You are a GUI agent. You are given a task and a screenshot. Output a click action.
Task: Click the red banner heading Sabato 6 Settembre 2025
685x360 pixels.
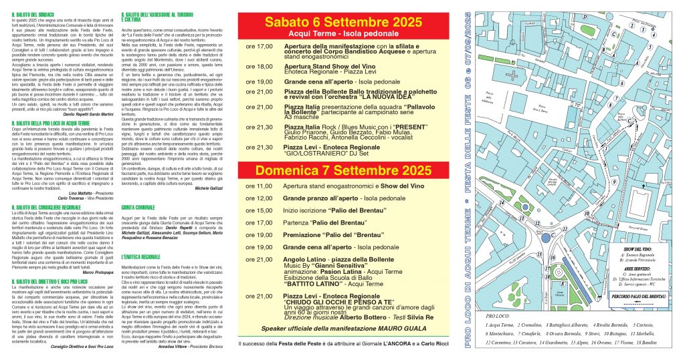click(342, 21)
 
